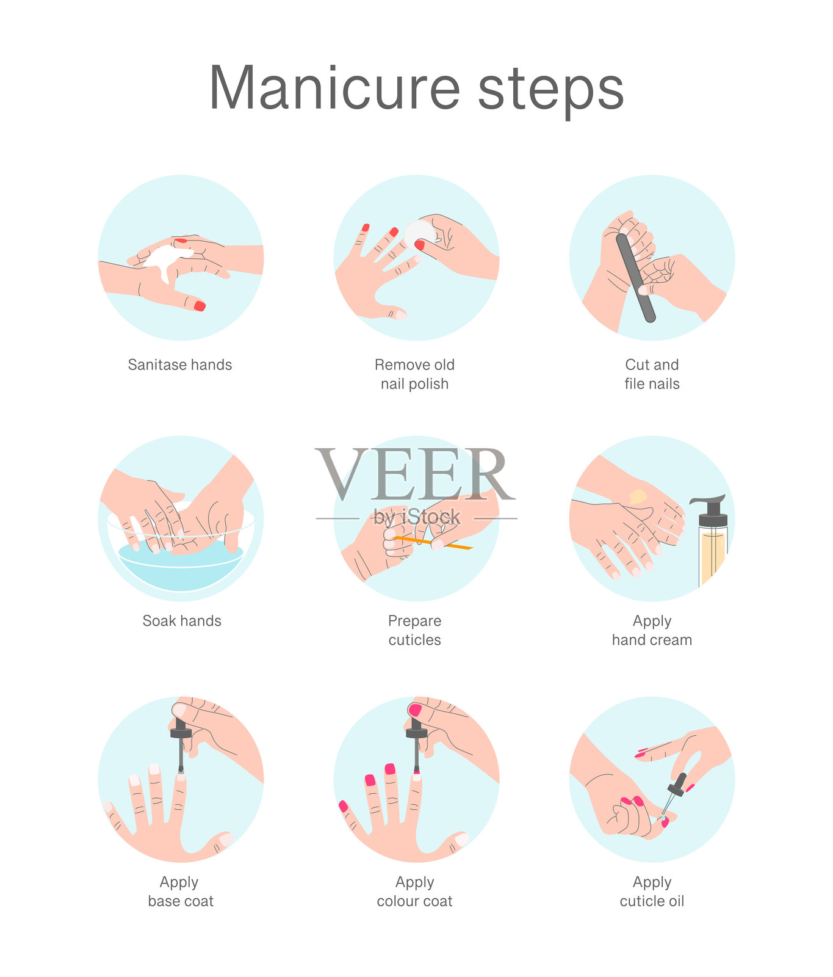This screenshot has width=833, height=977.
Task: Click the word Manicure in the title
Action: (x=334, y=88)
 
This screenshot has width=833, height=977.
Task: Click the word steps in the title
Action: (x=551, y=92)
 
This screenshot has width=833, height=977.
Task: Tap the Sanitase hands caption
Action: (x=180, y=365)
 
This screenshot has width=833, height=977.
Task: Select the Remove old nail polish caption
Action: (x=415, y=374)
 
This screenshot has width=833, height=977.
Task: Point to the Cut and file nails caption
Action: (x=652, y=374)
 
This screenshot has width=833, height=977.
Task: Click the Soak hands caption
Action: (x=182, y=621)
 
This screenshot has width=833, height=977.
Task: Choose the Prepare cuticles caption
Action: (x=415, y=630)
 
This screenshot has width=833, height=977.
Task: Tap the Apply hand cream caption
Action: (x=652, y=630)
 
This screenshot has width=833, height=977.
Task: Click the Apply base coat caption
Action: (x=181, y=892)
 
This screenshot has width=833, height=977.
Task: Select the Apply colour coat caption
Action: (x=415, y=892)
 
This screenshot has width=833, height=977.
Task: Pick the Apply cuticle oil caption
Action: (x=652, y=892)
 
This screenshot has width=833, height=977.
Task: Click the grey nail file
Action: (x=636, y=278)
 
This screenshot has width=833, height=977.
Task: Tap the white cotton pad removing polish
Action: (x=420, y=232)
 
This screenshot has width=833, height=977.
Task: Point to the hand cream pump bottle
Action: (x=712, y=540)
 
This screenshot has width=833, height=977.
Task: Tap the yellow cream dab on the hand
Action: (x=638, y=496)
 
